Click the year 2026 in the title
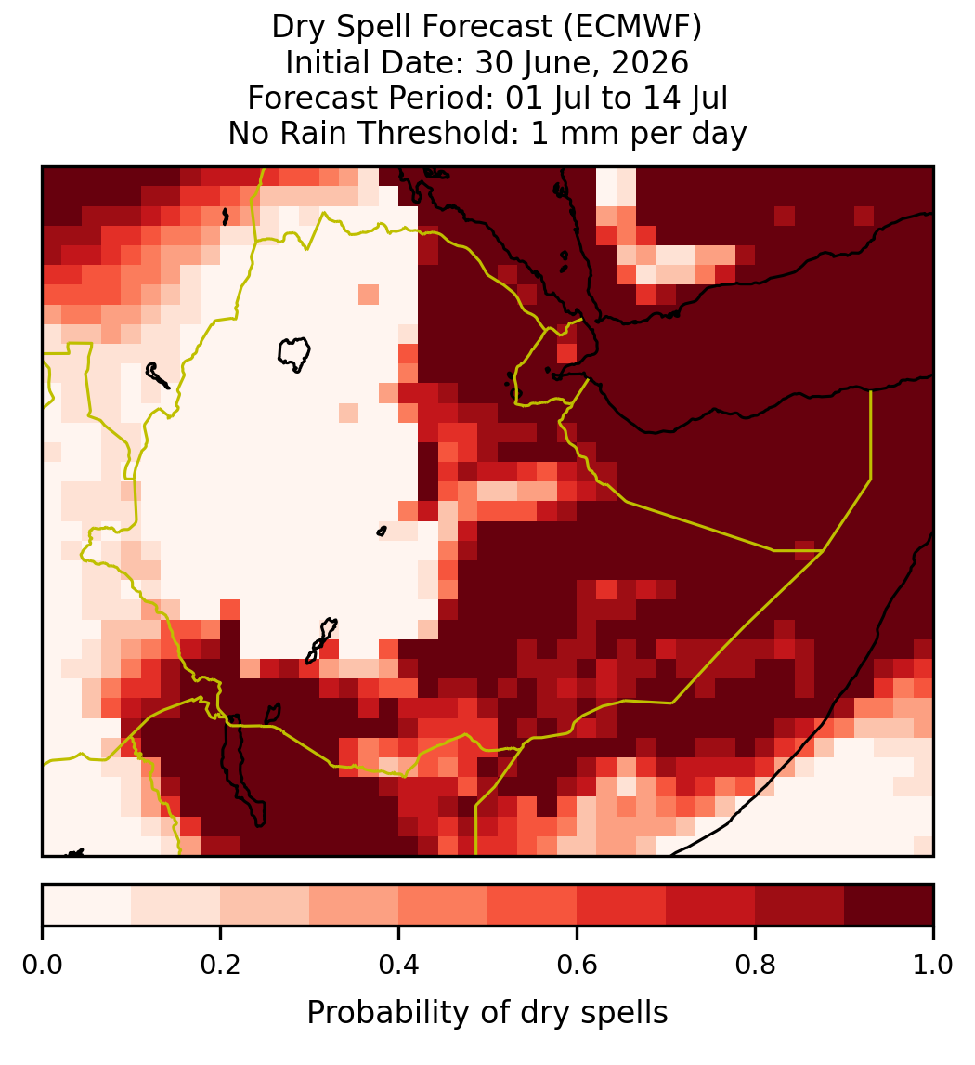point(649,62)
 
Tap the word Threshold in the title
point(439,133)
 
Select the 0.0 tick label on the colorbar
point(42,965)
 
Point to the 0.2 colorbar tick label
point(220,965)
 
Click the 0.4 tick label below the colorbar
point(399,965)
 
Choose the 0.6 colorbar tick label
point(578,965)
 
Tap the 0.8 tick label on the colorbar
point(756,965)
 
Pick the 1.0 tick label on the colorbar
point(933,965)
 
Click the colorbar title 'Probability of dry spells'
point(487,1013)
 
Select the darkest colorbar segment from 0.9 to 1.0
point(890,905)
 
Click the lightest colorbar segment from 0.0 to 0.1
point(87,905)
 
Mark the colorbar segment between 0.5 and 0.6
point(533,905)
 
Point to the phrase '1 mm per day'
point(639,133)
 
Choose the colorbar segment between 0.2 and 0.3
point(266,905)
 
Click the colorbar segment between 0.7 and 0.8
point(711,905)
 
